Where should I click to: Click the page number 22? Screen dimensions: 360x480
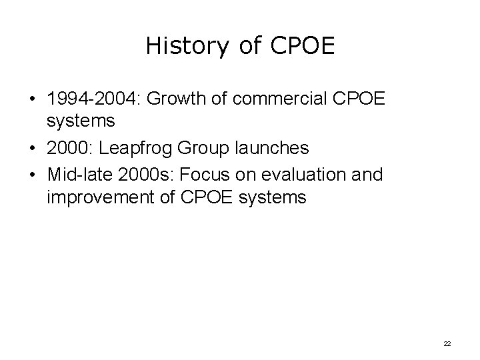point(447,343)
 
